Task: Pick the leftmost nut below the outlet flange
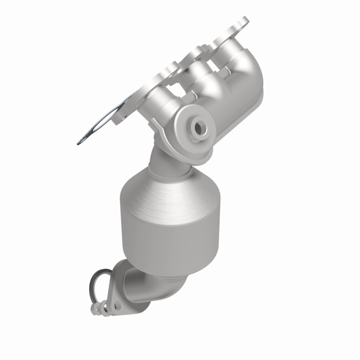95,308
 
